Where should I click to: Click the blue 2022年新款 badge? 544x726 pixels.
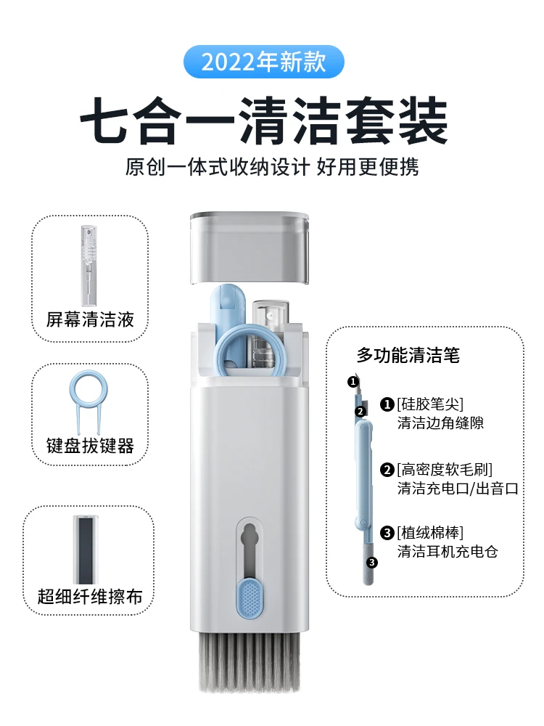pyautogui.click(x=263, y=62)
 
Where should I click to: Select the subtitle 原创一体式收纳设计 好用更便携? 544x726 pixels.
pyautogui.click(x=272, y=167)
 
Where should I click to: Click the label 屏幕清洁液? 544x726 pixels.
pyautogui.click(x=91, y=319)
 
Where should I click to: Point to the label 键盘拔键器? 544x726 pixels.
pyautogui.click(x=91, y=445)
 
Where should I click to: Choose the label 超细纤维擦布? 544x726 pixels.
pyautogui.click(x=90, y=597)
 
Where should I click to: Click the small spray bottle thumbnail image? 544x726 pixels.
pyautogui.click(x=88, y=264)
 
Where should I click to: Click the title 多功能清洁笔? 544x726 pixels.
pyautogui.click(x=408, y=355)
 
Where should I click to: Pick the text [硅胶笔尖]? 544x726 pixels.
pyautogui.click(x=430, y=403)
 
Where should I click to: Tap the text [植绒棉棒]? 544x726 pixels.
pyautogui.click(x=430, y=532)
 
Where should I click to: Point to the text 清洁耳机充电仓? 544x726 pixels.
pyautogui.click(x=448, y=552)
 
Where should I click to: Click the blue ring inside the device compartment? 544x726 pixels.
pyautogui.click(x=247, y=348)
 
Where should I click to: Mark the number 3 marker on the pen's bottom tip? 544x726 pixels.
pyautogui.click(x=372, y=562)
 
